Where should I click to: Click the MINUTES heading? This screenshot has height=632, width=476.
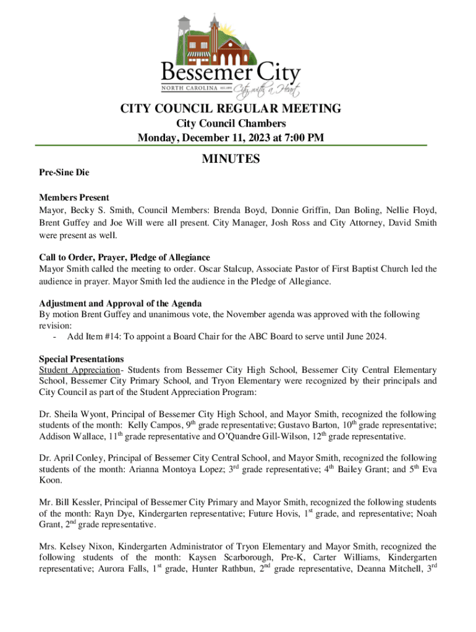click(x=231, y=160)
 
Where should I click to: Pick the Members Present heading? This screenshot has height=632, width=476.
click(x=74, y=197)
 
